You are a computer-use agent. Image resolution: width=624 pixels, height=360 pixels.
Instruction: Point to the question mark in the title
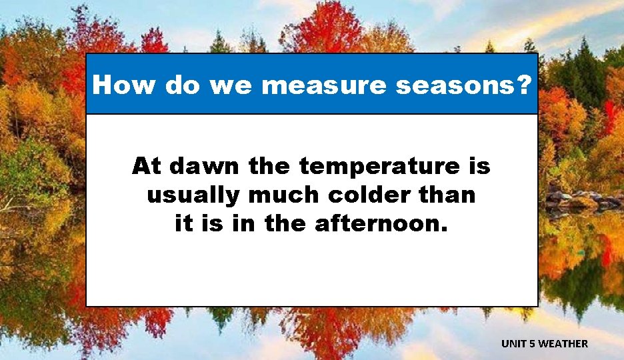[x=525, y=85]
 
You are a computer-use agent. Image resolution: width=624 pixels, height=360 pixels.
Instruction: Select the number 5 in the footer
[x=533, y=344]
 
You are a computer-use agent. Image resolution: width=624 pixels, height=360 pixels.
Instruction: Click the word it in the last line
[x=185, y=224]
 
